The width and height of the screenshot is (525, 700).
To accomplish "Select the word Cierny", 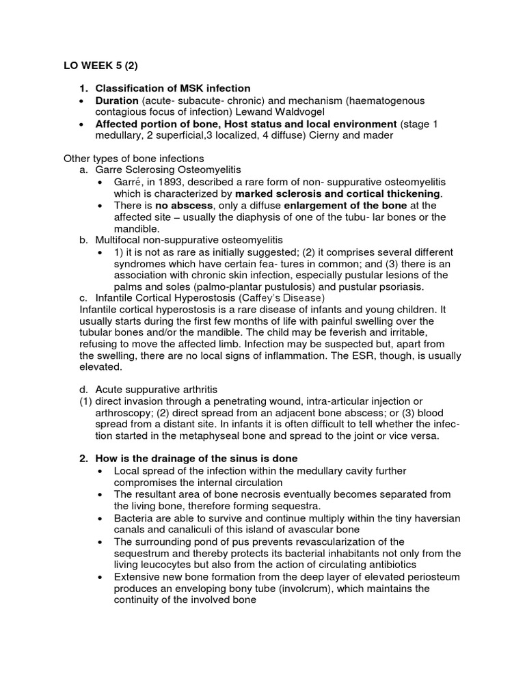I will pos(326,135).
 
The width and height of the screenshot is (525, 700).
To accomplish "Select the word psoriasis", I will pos(396,286).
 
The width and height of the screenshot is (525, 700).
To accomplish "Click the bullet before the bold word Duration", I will pos(83,100).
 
